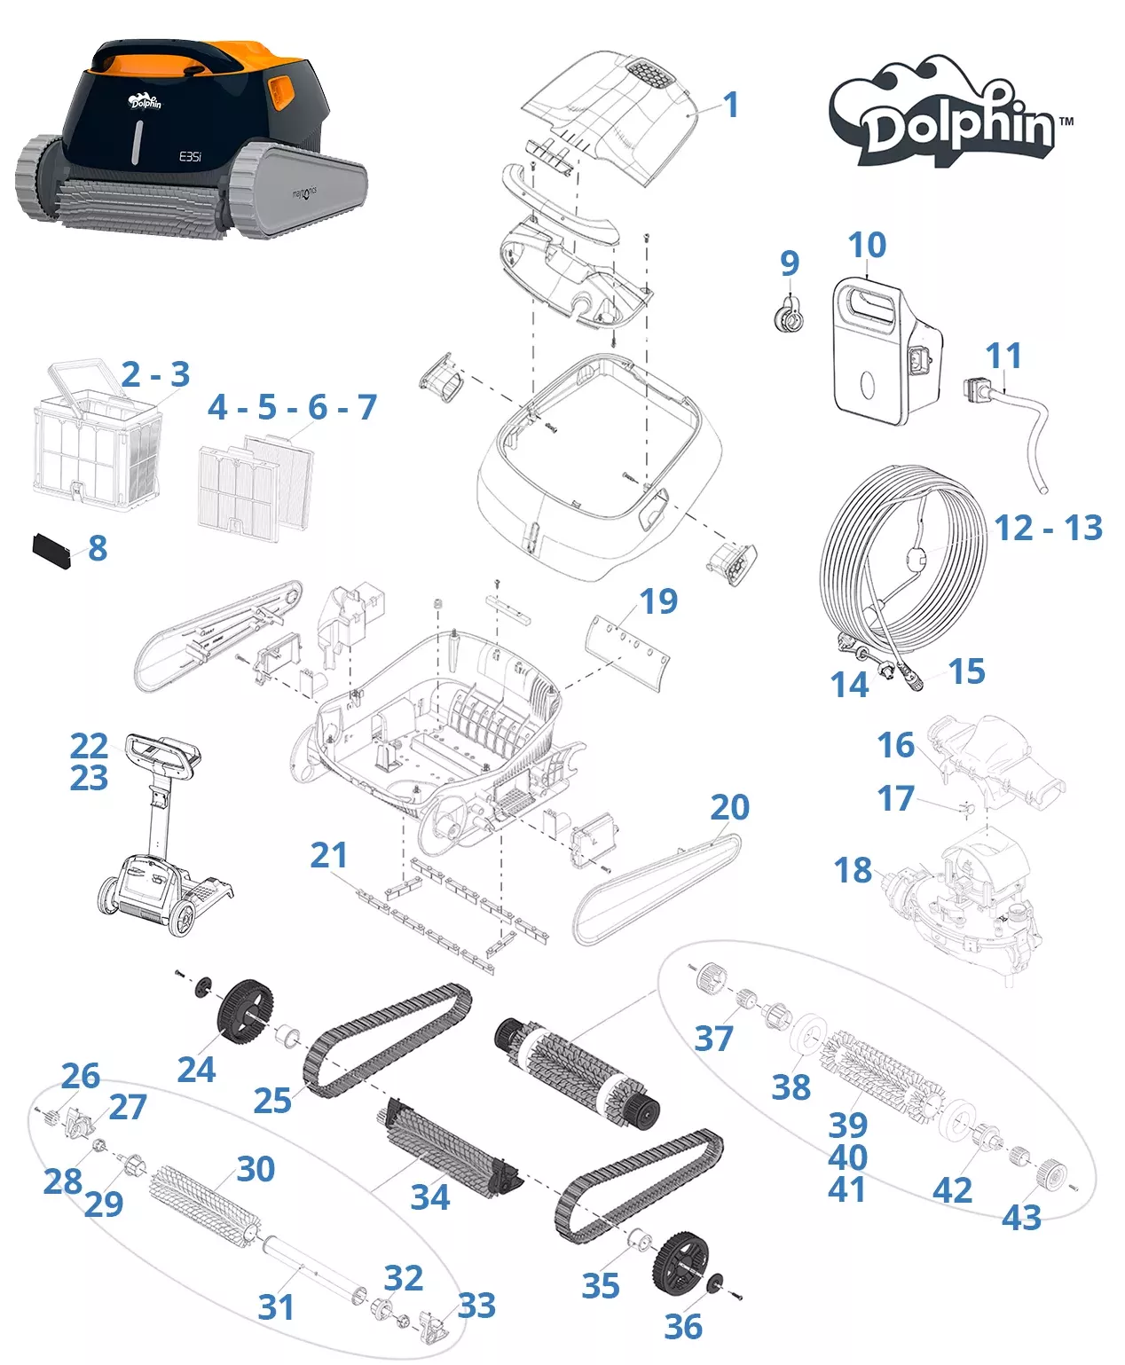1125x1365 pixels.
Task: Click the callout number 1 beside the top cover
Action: click(x=730, y=106)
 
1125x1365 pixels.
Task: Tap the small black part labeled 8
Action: click(x=51, y=550)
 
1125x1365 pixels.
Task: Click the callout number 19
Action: click(x=658, y=601)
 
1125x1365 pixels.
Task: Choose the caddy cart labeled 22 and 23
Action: click(x=160, y=834)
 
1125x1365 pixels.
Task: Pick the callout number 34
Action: click(x=430, y=1196)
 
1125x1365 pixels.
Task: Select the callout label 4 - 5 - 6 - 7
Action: click(x=292, y=407)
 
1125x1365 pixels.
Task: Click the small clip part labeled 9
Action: click(x=788, y=316)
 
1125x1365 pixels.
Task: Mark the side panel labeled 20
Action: click(x=657, y=887)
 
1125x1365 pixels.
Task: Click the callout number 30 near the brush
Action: click(x=256, y=1169)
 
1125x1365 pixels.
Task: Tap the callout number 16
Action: click(x=895, y=746)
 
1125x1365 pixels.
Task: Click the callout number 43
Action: click(x=1021, y=1218)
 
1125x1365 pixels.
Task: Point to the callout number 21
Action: click(x=328, y=855)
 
